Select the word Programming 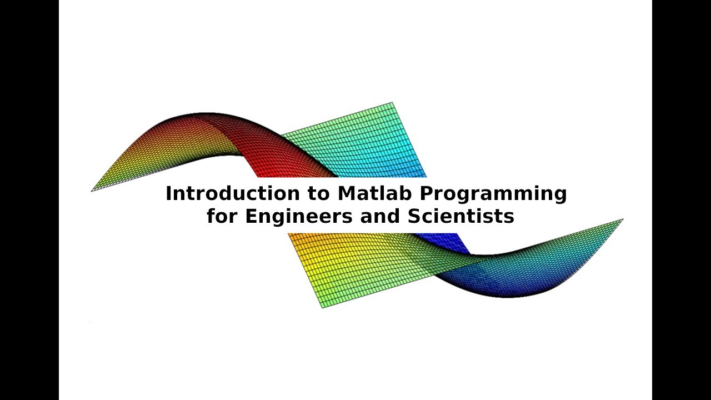click(493, 194)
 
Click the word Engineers click(299, 217)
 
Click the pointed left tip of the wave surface click(93, 191)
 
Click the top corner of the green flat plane click(392, 103)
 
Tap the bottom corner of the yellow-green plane click(323, 307)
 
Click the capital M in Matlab click(346, 193)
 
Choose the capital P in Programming click(425, 193)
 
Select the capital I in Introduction click(168, 193)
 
